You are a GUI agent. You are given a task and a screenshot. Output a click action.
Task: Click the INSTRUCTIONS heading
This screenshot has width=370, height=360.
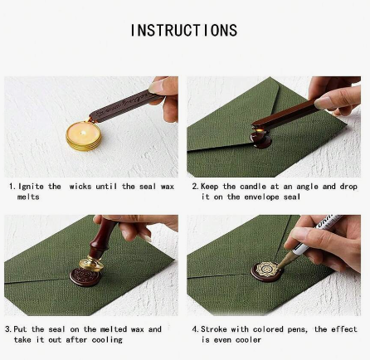pos(184,30)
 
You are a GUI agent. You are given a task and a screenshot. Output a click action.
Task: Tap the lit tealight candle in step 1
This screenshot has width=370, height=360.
pos(84,136)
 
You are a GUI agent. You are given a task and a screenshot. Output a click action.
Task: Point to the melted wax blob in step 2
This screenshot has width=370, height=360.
pos(260,137)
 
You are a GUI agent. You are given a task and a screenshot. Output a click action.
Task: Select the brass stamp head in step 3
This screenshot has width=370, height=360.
pos(91,264)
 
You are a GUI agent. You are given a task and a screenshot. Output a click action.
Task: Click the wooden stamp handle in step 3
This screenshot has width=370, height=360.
pos(101,237)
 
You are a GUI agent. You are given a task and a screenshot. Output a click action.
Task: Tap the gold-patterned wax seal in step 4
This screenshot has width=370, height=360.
pos(267,271)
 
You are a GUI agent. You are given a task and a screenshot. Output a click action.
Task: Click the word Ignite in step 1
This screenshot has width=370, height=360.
pos(31,187)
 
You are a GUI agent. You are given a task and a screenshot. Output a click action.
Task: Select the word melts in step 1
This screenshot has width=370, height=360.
pos(28,197)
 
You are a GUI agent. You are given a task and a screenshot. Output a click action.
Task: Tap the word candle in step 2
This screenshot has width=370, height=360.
pos(253,187)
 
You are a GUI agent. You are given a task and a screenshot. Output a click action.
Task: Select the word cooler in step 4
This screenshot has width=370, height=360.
pos(248,339)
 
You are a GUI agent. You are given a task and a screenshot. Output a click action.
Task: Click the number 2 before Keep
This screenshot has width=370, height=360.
pos(194,187)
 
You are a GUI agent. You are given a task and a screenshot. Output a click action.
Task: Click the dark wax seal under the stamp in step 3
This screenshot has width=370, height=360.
pos(85,277)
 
